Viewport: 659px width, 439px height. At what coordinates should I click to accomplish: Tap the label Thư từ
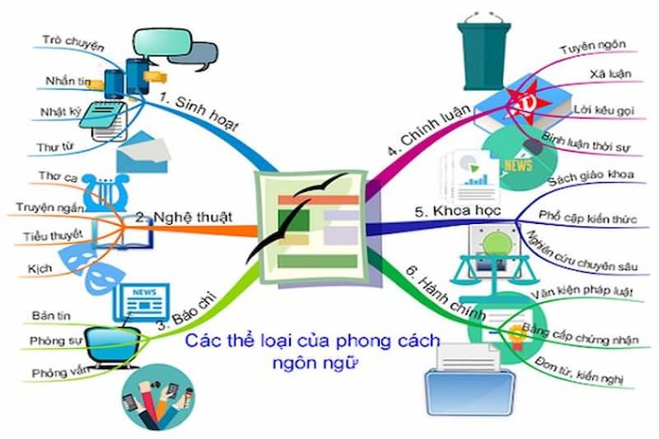(54, 147)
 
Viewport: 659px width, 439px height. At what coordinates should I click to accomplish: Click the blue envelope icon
(141, 152)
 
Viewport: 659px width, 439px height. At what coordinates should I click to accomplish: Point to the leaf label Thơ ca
(56, 176)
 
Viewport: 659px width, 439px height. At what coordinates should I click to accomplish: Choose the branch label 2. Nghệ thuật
(183, 217)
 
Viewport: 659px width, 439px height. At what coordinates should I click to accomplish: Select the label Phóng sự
(53, 340)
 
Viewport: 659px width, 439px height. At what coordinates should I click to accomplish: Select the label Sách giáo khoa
(587, 180)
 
